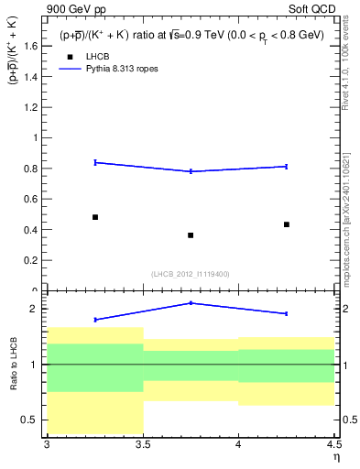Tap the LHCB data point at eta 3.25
coord(95,217)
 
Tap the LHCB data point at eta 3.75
coord(191,235)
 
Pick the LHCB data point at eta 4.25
coord(287,224)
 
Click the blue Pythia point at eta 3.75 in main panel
coord(191,171)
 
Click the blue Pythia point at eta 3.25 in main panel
coord(95,162)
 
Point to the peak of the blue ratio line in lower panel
coord(191,302)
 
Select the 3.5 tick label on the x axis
coord(143,444)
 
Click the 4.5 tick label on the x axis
coord(333,444)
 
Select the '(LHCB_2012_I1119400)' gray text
coord(191,273)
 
